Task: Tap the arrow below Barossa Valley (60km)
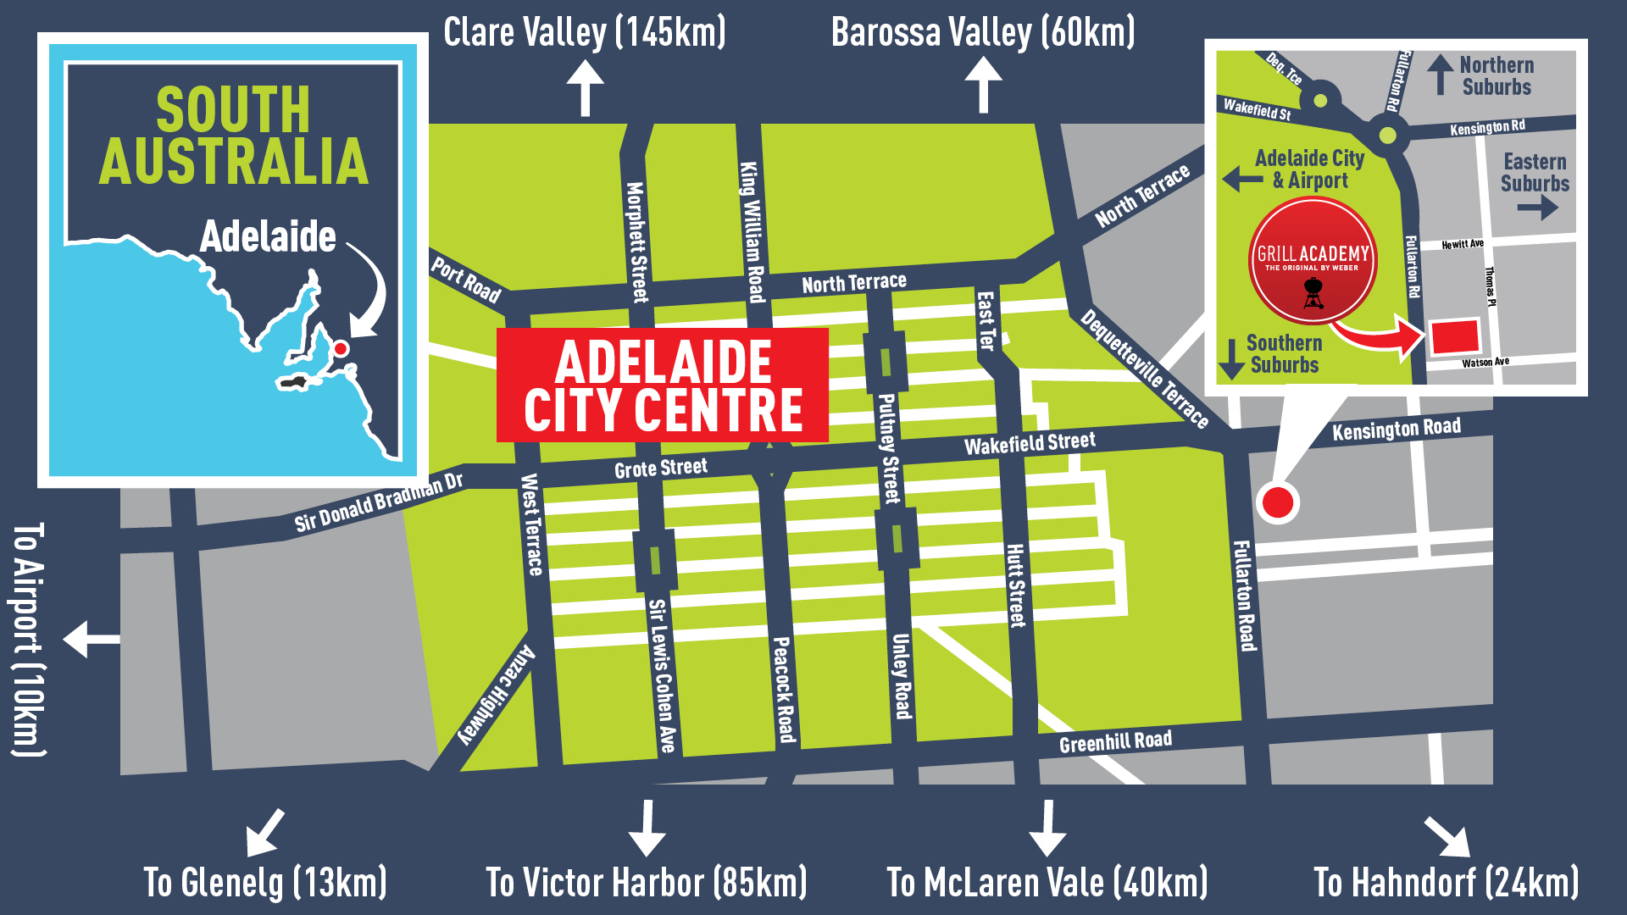pyautogui.click(x=983, y=85)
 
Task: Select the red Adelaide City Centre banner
pyautogui.click(x=663, y=385)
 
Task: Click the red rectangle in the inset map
pyautogui.click(x=1454, y=337)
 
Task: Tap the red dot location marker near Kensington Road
pyautogui.click(x=1277, y=502)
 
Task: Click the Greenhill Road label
pyautogui.click(x=1115, y=742)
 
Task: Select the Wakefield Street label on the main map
pyautogui.click(x=1030, y=443)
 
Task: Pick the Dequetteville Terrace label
pyautogui.click(x=1144, y=369)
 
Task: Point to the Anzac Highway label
pyautogui.click(x=497, y=695)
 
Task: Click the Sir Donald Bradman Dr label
pyautogui.click(x=379, y=502)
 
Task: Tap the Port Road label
pyautogui.click(x=466, y=280)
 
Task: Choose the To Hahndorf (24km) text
pyautogui.click(x=1446, y=883)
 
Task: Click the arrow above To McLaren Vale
pyautogui.click(x=1047, y=829)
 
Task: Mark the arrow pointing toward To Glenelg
pyautogui.click(x=264, y=832)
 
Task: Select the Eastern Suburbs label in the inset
pyautogui.click(x=1535, y=172)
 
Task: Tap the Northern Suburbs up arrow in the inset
pyautogui.click(x=1440, y=75)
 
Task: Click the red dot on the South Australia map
pyautogui.click(x=341, y=348)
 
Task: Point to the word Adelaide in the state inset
pyautogui.click(x=268, y=236)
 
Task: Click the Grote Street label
pyautogui.click(x=660, y=469)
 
